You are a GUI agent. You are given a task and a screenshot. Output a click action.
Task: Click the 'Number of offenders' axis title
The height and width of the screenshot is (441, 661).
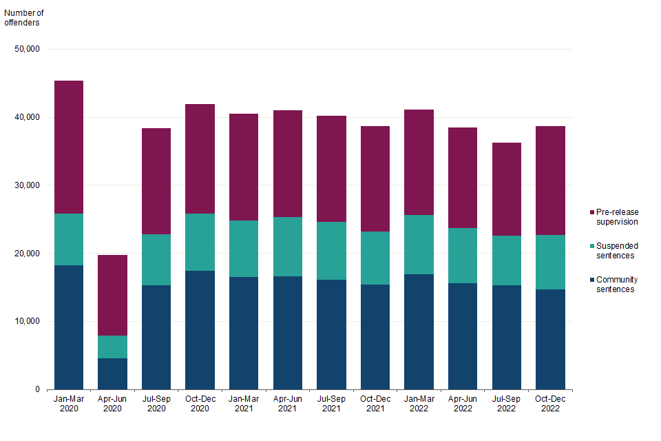(25, 17)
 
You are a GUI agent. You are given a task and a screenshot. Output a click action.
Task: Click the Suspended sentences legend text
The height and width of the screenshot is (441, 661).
(618, 251)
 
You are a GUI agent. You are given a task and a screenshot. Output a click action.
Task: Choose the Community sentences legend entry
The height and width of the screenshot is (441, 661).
(618, 285)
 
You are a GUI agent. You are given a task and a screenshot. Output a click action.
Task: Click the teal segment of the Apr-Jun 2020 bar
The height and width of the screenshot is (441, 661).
(112, 347)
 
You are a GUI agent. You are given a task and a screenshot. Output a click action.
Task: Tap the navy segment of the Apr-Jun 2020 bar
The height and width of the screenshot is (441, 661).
(112, 373)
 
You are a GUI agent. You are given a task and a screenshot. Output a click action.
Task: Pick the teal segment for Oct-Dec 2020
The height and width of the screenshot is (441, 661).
(200, 242)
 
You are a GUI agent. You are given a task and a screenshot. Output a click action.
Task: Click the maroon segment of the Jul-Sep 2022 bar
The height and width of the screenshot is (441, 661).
(506, 189)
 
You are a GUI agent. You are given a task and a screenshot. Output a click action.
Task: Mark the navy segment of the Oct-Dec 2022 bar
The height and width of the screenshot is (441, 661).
(550, 339)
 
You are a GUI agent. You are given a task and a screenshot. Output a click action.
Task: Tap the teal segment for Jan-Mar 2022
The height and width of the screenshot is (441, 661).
(419, 245)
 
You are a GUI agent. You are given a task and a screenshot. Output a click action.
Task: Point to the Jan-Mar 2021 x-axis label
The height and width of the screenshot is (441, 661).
(244, 404)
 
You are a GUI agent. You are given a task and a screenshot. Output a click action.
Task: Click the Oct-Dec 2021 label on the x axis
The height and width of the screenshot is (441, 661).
(375, 404)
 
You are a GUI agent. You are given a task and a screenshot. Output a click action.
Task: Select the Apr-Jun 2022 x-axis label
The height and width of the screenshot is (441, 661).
(463, 404)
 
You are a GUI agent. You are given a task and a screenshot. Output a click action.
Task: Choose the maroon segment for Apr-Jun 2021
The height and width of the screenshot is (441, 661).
(287, 163)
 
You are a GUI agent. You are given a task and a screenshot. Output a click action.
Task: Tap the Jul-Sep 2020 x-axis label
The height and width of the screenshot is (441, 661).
(156, 404)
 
